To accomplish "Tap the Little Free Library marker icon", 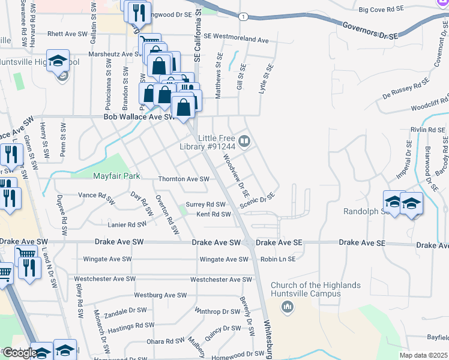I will (244, 142).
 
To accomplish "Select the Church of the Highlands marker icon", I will (288, 307).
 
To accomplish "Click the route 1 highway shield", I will (243, 16).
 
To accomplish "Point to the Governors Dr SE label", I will (370, 31).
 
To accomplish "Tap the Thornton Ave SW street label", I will (184, 179).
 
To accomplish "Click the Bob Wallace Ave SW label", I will (133, 118).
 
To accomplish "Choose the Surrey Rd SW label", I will (205, 205).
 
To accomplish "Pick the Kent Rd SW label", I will (213, 214).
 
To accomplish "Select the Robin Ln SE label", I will (279, 259).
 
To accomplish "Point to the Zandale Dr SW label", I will (125, 311).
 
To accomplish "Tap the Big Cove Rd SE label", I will (381, 10).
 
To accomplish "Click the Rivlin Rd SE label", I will (427, 130).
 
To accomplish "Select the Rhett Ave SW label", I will (64, 34).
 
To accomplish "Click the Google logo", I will (19, 353).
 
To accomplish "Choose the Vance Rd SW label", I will (96, 195).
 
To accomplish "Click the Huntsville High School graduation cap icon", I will (58, 61).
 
